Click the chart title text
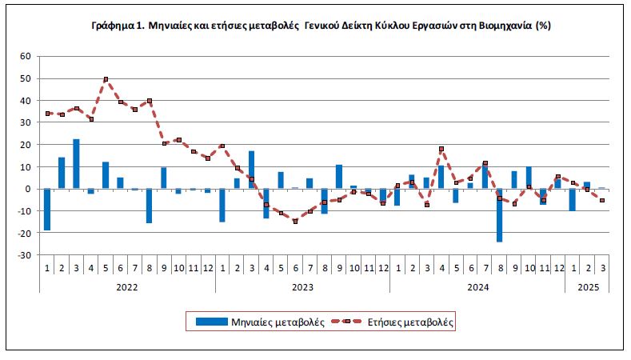point(321,26)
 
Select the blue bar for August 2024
point(499,215)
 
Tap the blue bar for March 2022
point(76,163)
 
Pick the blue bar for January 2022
point(47,210)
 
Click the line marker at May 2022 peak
point(106,79)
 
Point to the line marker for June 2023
point(295,221)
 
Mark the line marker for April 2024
point(441,149)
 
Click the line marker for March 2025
point(602,200)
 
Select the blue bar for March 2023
point(251,170)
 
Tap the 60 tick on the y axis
point(26,56)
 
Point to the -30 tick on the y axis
point(24,255)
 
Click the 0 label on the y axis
point(28,189)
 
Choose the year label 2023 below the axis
point(302,287)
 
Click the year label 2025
point(588,287)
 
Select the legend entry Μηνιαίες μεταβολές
point(260,322)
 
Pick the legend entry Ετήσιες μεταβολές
point(392,322)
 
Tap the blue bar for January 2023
point(222,205)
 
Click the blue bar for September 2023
point(339,176)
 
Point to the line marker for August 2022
point(150,101)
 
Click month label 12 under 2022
point(208,268)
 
